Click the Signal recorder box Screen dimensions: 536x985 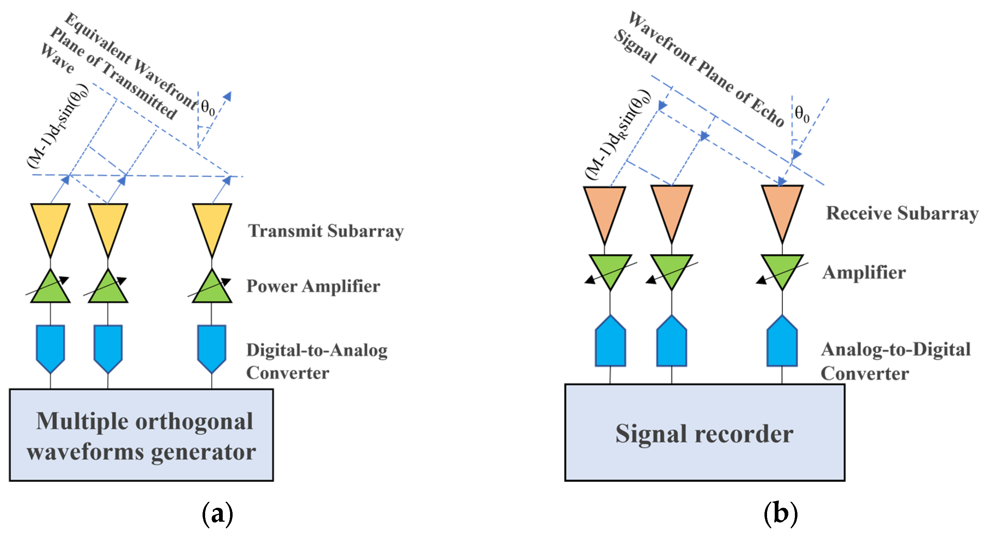point(704,432)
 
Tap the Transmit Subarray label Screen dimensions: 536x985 point(326,231)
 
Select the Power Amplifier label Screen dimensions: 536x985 point(313,286)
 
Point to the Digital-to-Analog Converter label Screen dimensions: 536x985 point(316,361)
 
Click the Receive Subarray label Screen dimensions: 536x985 point(902,213)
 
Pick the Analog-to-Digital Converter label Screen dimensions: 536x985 point(895,361)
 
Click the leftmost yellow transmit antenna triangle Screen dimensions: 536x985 point(51,226)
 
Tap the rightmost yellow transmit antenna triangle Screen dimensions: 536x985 point(212,226)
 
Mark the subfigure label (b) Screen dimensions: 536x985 point(781,513)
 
